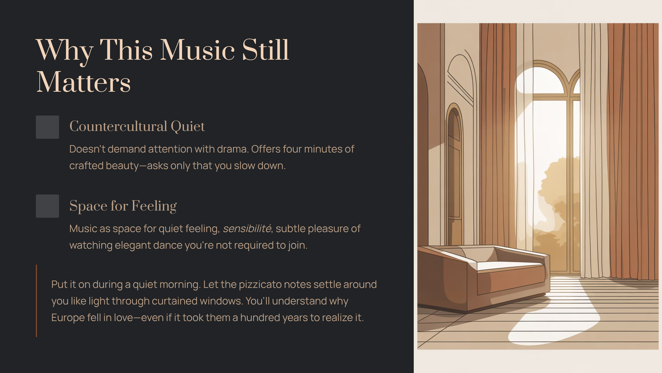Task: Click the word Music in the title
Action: tap(197, 50)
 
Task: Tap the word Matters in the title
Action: tap(83, 82)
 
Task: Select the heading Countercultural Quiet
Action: tap(137, 127)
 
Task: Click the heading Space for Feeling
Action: tap(123, 206)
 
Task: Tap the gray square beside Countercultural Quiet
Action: tap(47, 127)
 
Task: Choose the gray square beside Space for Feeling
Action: tap(47, 206)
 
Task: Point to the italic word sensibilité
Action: tap(247, 228)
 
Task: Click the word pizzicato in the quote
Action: tap(260, 284)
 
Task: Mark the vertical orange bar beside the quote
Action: tap(36, 301)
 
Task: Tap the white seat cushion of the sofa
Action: tap(510, 265)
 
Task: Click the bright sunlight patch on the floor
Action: tap(556, 314)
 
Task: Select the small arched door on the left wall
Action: tap(454, 174)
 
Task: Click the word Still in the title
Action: tap(265, 50)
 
